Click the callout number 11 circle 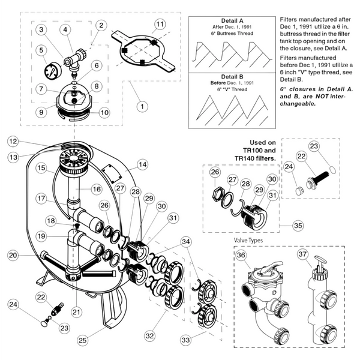[159, 24]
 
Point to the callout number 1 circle [141, 106]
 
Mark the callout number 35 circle [296, 226]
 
